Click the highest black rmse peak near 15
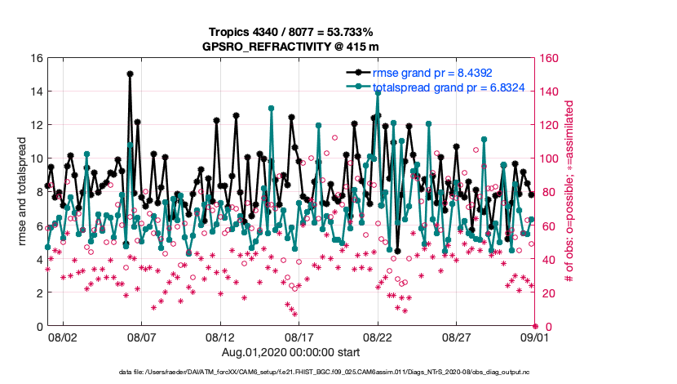click(x=130, y=74)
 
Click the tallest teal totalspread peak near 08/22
click(x=378, y=92)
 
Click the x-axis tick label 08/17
click(x=299, y=337)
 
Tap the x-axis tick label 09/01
click(x=534, y=337)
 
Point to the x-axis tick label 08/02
click(x=63, y=337)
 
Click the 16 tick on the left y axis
click(x=36, y=58)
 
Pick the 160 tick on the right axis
click(x=548, y=58)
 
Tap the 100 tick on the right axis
click(x=548, y=159)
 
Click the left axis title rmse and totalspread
click(x=22, y=192)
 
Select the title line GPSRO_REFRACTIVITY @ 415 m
click(x=290, y=47)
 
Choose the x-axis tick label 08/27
click(x=456, y=337)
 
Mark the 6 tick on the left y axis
click(x=36, y=225)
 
